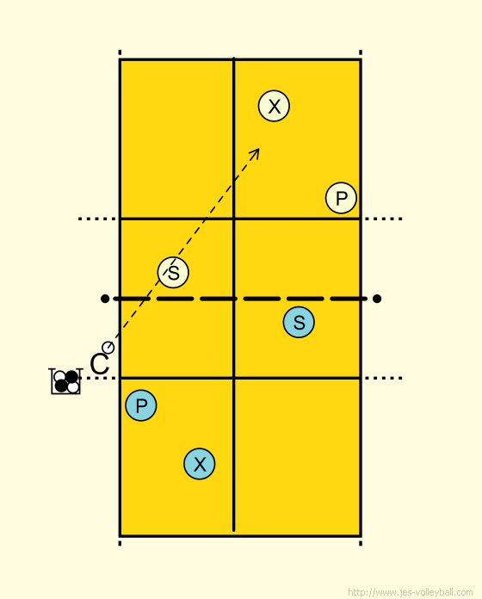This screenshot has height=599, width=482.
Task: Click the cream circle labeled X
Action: click(x=274, y=106)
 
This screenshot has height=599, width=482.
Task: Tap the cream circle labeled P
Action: click(x=341, y=198)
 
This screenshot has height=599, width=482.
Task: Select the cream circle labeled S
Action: click(x=173, y=272)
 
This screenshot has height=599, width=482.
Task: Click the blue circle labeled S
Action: click(x=299, y=322)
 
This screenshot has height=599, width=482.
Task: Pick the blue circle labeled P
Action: click(x=141, y=405)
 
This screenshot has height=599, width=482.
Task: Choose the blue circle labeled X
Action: click(x=200, y=464)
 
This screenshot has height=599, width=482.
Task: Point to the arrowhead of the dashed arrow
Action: click(x=256, y=151)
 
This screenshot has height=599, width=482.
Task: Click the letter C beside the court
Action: click(x=100, y=364)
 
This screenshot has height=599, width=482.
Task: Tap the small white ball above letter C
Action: click(x=108, y=348)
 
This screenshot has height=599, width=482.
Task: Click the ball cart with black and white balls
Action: click(x=65, y=381)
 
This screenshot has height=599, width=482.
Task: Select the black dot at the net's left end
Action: click(x=105, y=299)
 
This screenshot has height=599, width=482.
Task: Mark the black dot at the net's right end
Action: click(x=377, y=299)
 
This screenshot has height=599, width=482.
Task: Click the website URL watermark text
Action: click(x=411, y=592)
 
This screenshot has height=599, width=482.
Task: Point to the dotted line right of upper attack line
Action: click(x=384, y=219)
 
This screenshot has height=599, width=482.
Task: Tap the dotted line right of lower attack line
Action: click(x=384, y=378)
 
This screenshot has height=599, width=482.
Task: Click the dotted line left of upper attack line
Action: click(x=97, y=219)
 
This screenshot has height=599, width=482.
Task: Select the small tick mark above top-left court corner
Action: click(x=120, y=52)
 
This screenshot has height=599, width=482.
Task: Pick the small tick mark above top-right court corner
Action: click(x=361, y=52)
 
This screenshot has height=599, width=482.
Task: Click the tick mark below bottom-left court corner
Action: click(x=120, y=543)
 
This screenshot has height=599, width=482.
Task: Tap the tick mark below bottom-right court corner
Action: click(x=361, y=543)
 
